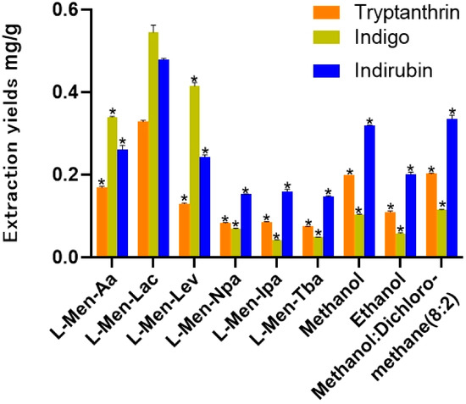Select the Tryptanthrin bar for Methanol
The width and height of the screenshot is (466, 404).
pyautogui.click(x=348, y=215)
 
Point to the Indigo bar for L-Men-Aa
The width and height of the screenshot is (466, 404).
pyautogui.click(x=112, y=186)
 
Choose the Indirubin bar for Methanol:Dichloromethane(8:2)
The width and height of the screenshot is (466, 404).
pyautogui.click(x=452, y=187)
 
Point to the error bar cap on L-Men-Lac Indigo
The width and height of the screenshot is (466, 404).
pyautogui.click(x=153, y=25)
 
